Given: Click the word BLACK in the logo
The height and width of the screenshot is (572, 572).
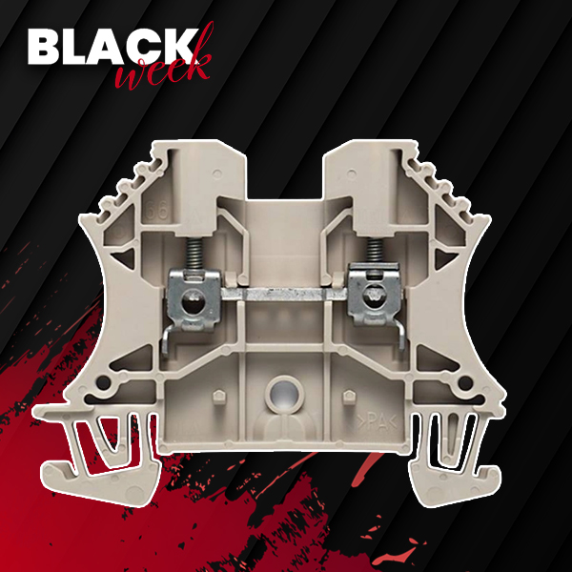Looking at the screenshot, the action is tap(112, 47).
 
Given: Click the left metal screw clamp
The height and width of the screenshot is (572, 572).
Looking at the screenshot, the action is tap(194, 299).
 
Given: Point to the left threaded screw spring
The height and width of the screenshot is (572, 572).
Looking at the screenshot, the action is tap(195, 254).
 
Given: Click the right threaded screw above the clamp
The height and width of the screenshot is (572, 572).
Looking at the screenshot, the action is tap(374, 251).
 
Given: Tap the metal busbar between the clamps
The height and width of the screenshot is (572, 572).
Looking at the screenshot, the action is tap(284, 294).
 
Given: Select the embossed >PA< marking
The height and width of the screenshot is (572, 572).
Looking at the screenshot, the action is tap(377, 422).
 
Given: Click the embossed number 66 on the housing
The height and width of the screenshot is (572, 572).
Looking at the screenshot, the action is tap(157, 210).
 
